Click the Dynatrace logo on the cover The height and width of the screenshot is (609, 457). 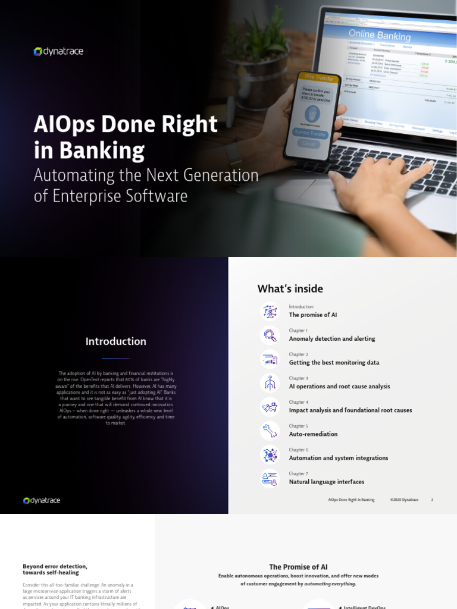[58, 52]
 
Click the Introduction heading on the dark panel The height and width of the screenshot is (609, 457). [115, 341]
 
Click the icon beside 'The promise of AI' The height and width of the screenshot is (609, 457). [270, 311]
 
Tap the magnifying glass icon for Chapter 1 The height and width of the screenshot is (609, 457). [270, 335]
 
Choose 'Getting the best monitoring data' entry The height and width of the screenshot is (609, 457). [334, 363]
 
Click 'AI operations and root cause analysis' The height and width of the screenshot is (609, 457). [339, 387]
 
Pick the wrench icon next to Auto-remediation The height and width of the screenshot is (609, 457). [270, 431]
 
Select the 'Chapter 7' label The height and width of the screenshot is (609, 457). [298, 474]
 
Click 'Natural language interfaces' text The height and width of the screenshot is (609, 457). [326, 482]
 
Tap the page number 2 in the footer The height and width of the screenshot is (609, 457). [432, 500]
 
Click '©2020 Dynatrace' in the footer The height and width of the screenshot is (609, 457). [404, 500]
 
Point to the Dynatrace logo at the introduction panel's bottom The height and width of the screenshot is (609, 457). [42, 501]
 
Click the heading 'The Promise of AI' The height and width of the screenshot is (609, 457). [298, 567]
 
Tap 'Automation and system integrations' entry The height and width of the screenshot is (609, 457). [338, 458]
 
